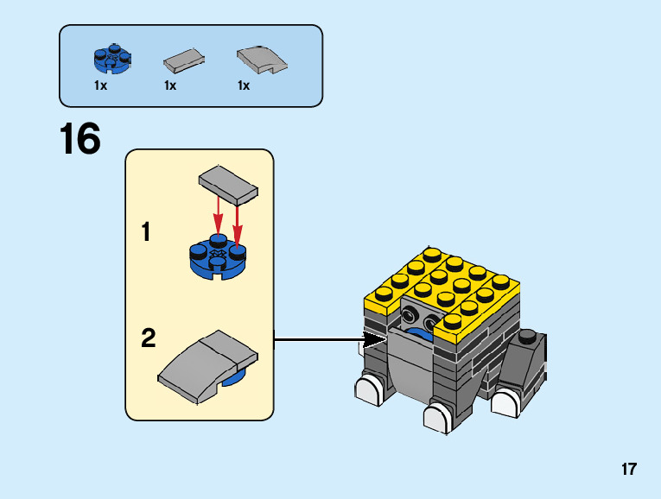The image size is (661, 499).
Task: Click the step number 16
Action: (80, 139)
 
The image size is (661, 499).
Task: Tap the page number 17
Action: (628, 470)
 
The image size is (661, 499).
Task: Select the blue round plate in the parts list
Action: (111, 59)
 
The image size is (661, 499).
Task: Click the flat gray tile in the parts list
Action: (184, 60)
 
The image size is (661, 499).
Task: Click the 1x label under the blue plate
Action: (101, 85)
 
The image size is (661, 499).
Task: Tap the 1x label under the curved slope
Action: (244, 85)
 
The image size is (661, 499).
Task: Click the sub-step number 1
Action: (147, 232)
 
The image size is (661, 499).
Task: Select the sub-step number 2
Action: (149, 338)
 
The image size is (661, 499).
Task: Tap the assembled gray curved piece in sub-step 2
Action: (207, 366)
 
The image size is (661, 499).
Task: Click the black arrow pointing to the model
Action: (328, 340)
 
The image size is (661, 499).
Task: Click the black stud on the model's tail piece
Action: (527, 336)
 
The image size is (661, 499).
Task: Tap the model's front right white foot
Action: (438, 418)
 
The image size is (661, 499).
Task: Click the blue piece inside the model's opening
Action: (421, 333)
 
